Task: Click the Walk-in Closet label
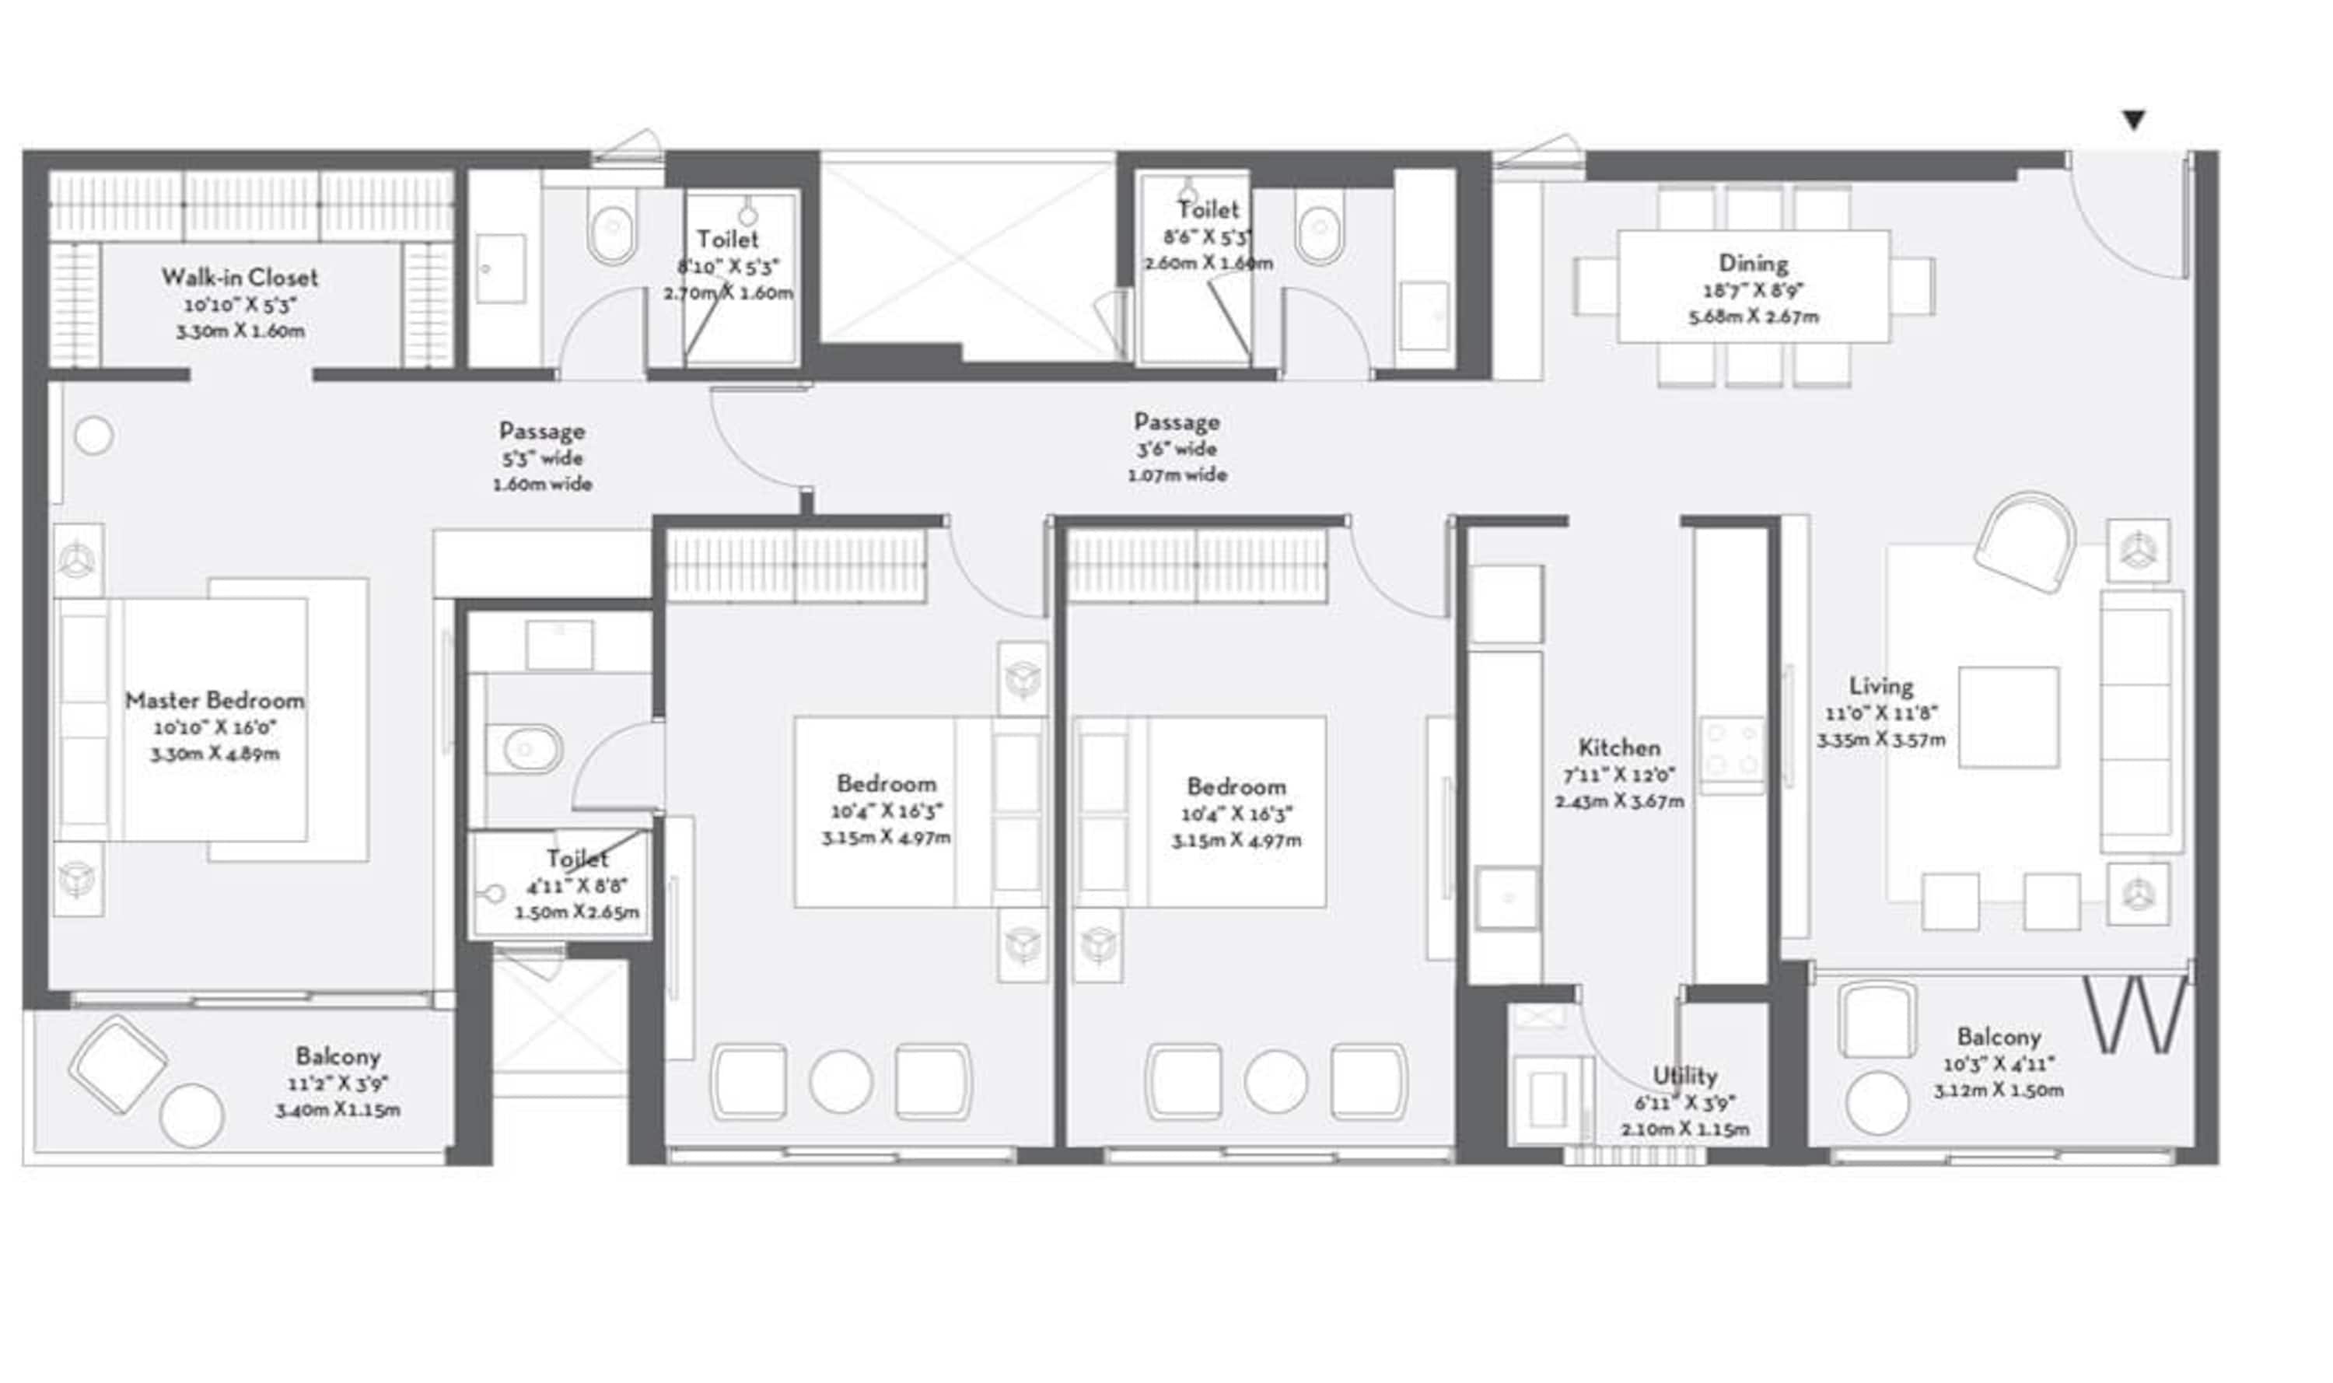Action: click(x=240, y=278)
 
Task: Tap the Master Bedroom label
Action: click(x=215, y=701)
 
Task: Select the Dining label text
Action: click(x=1753, y=264)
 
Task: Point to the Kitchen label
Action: click(x=1618, y=748)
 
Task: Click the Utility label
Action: click(x=1684, y=1077)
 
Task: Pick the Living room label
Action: click(x=1881, y=687)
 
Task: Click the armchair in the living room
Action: click(x=2023, y=542)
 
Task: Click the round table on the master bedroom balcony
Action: click(x=191, y=1115)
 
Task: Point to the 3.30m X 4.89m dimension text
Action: click(x=215, y=754)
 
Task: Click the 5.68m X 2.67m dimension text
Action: click(x=1753, y=317)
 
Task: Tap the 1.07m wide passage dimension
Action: click(x=1177, y=475)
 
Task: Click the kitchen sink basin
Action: click(x=1506, y=898)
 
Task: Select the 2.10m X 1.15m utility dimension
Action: click(x=1684, y=1129)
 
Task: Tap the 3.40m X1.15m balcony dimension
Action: click(x=338, y=1110)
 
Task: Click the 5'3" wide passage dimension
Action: click(x=541, y=458)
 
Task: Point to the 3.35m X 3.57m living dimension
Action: click(x=1880, y=740)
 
